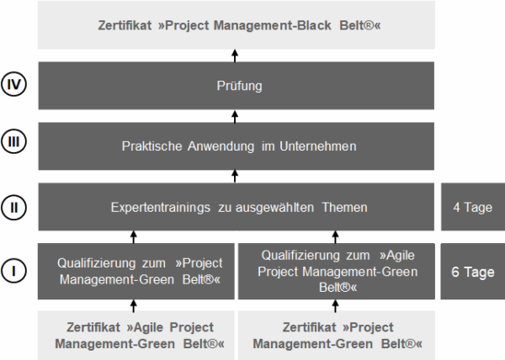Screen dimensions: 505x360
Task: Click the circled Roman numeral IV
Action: [13, 84]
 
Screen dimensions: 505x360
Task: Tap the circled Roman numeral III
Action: [13, 141]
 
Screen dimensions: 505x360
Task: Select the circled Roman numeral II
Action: [13, 207]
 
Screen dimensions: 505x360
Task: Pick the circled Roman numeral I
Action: [13, 271]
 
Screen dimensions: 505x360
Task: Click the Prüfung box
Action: [236, 86]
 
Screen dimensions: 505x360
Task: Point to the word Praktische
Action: [152, 146]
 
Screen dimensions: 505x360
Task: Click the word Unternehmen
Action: [318, 146]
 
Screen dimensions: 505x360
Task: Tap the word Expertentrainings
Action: [161, 208]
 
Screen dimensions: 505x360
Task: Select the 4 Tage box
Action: [473, 207]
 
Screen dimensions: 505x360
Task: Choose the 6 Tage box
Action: [473, 271]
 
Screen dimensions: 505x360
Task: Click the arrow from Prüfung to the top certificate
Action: [235, 56]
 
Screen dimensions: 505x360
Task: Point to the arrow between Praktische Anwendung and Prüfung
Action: [235, 116]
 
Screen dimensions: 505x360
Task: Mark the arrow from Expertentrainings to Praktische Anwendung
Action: [235, 177]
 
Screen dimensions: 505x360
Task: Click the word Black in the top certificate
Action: [314, 25]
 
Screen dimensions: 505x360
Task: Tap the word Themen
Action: [344, 208]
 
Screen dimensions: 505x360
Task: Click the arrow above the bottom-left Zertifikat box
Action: [134, 305]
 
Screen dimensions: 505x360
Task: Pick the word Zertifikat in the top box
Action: [125, 25]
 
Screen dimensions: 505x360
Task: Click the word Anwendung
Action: [221, 146]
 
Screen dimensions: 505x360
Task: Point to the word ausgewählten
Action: [274, 208]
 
